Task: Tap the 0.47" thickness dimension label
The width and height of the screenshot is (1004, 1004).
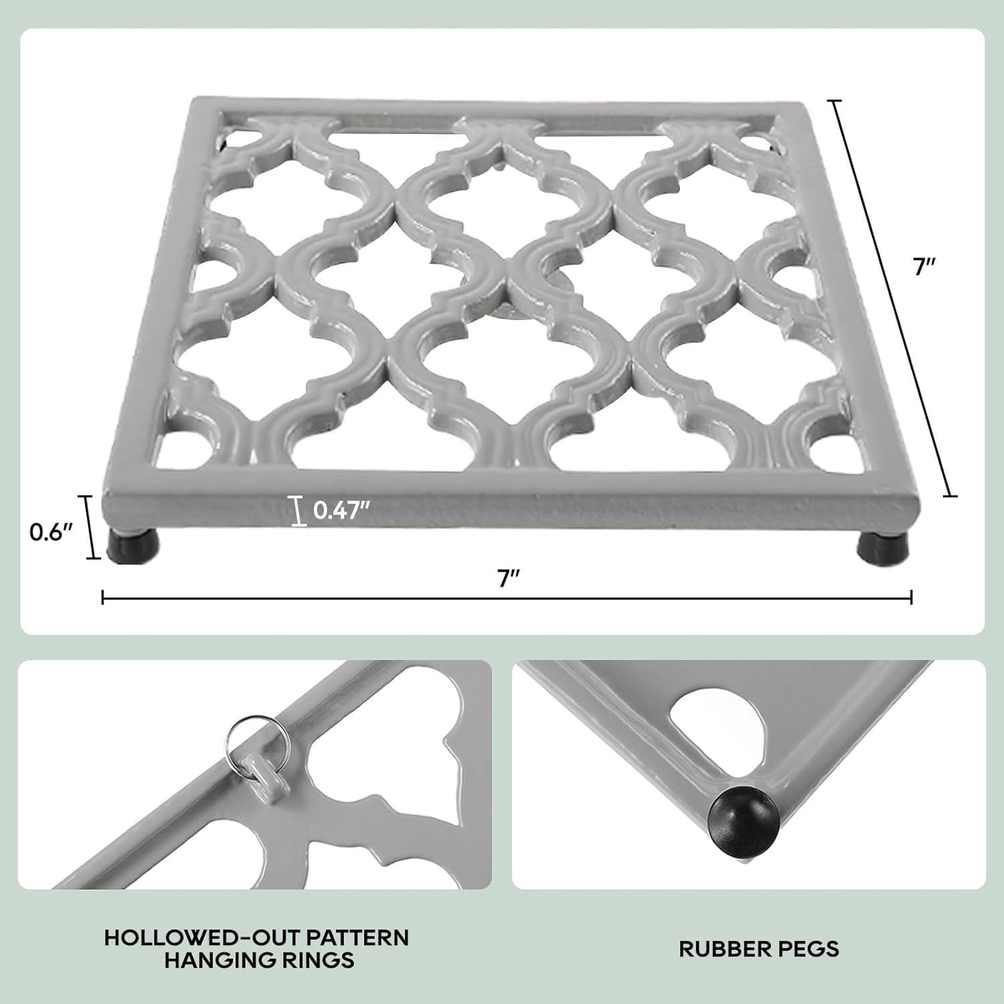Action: click(x=341, y=511)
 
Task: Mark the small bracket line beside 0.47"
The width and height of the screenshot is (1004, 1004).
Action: click(x=297, y=511)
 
